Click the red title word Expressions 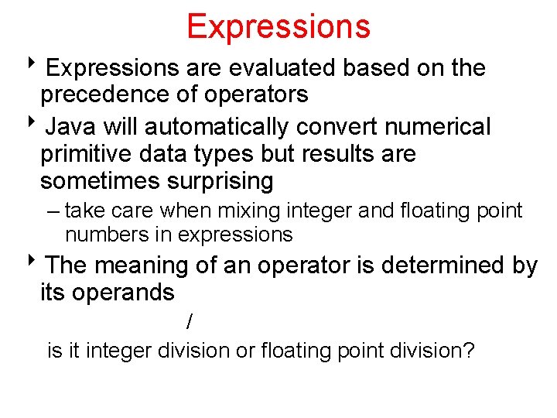[278, 26]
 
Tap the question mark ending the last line [470, 351]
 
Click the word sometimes [89, 182]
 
